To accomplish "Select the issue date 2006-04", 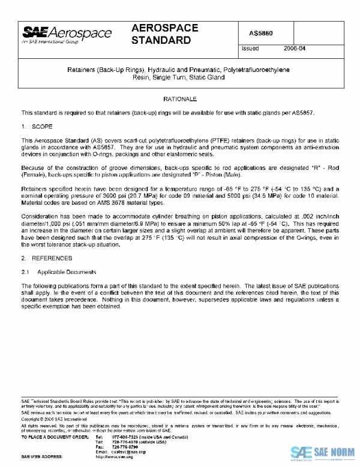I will point(295,49).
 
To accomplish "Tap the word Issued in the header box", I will point(250,49).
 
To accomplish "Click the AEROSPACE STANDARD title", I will point(161,35).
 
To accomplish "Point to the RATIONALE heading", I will point(180,98).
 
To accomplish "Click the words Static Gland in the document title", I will point(205,78).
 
